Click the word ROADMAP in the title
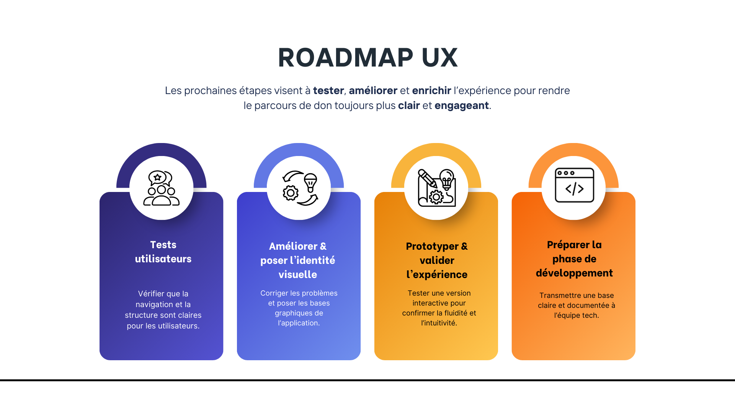click(x=345, y=58)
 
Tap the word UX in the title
click(x=439, y=58)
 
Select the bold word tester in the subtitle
click(x=328, y=91)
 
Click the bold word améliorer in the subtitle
click(x=373, y=91)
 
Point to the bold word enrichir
click(x=431, y=91)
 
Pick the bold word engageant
click(x=461, y=106)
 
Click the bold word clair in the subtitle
click(x=409, y=106)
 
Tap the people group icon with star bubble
click(x=161, y=188)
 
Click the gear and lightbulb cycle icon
click(x=299, y=188)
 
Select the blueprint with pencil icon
click(x=436, y=188)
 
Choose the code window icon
click(x=574, y=185)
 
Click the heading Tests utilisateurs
click(x=163, y=252)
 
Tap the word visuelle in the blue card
click(x=298, y=275)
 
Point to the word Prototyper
click(x=432, y=246)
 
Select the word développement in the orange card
click(x=574, y=273)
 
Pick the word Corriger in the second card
click(x=274, y=293)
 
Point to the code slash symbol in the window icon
click(x=575, y=189)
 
